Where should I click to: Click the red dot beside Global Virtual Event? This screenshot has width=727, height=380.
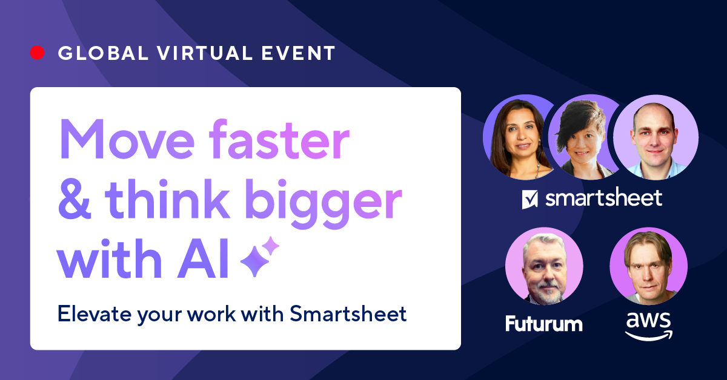pyautogui.click(x=38, y=53)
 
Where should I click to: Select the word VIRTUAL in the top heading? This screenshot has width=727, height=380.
pyautogui.click(x=205, y=53)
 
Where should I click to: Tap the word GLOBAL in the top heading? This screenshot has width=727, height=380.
pyautogui.click(x=103, y=53)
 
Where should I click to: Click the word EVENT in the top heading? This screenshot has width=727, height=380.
pyautogui.click(x=298, y=53)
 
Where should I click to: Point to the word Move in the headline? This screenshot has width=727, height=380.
pyautogui.click(x=127, y=139)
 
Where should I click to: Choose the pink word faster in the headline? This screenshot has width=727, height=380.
pyautogui.click(x=279, y=139)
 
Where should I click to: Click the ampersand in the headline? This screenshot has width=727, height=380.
pyautogui.click(x=75, y=199)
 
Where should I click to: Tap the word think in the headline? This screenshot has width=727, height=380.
pyautogui.click(x=167, y=198)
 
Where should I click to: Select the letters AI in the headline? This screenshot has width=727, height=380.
pyautogui.click(x=203, y=258)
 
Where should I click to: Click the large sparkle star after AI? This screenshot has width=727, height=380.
pyautogui.click(x=255, y=261)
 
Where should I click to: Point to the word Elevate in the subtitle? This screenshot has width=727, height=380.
pyautogui.click(x=95, y=314)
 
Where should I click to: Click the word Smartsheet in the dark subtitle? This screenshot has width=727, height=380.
pyautogui.click(x=348, y=314)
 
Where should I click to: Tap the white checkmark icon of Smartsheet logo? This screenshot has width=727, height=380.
pyautogui.click(x=529, y=199)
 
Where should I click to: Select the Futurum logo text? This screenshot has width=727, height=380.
pyautogui.click(x=544, y=324)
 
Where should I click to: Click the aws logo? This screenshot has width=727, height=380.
pyautogui.click(x=649, y=326)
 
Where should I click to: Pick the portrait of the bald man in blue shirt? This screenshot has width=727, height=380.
pyautogui.click(x=656, y=137)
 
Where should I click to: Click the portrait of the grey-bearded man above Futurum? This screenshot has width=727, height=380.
pyautogui.click(x=544, y=266)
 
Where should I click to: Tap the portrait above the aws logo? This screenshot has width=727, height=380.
pyautogui.click(x=648, y=266)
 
